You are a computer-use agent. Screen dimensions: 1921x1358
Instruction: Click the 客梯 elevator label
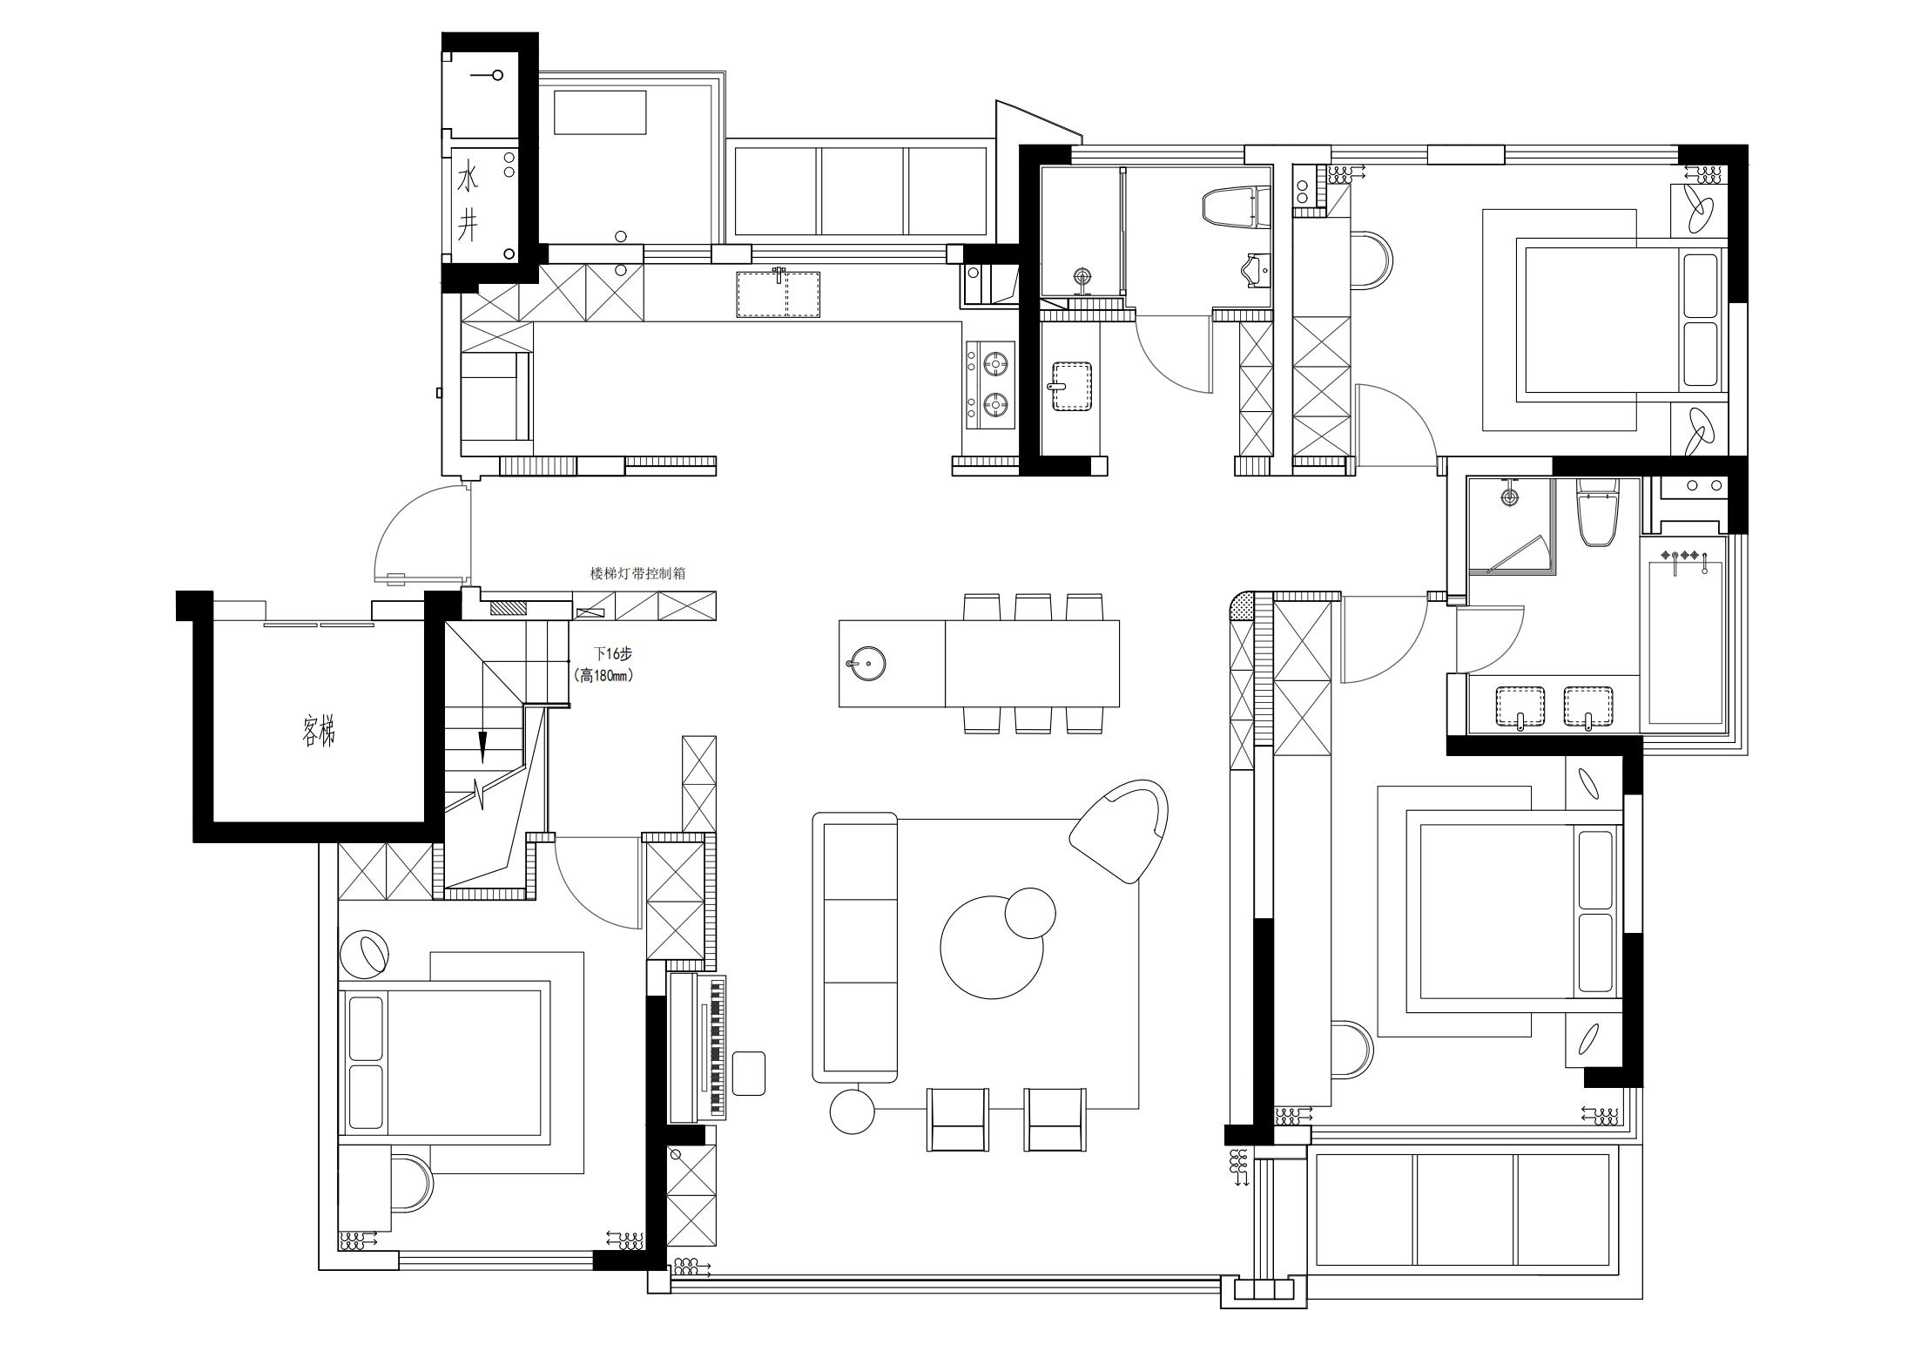pos(319,732)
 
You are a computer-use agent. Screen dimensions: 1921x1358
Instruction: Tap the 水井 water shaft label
pos(468,204)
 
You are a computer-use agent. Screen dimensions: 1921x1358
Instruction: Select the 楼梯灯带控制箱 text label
pos(637,573)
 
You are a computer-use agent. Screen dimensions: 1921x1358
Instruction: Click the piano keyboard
pos(718,1048)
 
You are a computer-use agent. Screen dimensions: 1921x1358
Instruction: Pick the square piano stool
pos(748,1072)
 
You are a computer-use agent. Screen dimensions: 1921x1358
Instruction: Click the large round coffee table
pos(991,947)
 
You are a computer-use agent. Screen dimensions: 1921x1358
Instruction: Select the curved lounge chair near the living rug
pos(1122,830)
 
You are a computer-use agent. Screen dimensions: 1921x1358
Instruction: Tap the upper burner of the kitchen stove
pos(996,360)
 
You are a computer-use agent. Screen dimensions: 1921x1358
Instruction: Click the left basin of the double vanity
pos(1520,706)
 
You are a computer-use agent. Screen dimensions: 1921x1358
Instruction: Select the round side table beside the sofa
pos(852,1111)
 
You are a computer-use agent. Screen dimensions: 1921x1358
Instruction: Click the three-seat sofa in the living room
pos(855,948)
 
